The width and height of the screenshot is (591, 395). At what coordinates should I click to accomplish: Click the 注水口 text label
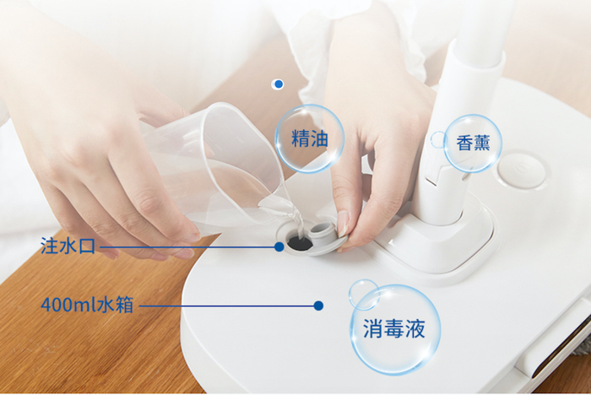click(x=68, y=246)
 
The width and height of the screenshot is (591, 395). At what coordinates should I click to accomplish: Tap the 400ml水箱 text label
click(x=87, y=305)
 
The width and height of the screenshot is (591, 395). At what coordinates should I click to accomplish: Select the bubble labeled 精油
click(x=310, y=138)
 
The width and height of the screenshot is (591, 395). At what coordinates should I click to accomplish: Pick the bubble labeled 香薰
click(x=473, y=143)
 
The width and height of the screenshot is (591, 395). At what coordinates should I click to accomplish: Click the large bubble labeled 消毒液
click(x=394, y=329)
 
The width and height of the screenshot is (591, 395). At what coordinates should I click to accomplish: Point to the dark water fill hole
click(x=299, y=242)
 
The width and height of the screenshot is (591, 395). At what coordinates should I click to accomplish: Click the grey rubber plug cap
click(x=324, y=236)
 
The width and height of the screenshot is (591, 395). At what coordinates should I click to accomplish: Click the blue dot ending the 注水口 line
click(x=279, y=246)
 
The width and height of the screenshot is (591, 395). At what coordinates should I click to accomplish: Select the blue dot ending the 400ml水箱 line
click(x=318, y=306)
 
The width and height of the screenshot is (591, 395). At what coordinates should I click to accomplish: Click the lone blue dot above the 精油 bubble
click(x=278, y=84)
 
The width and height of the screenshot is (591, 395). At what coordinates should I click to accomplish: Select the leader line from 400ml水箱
click(x=227, y=306)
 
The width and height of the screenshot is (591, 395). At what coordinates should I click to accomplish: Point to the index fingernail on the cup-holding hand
click(x=192, y=237)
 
